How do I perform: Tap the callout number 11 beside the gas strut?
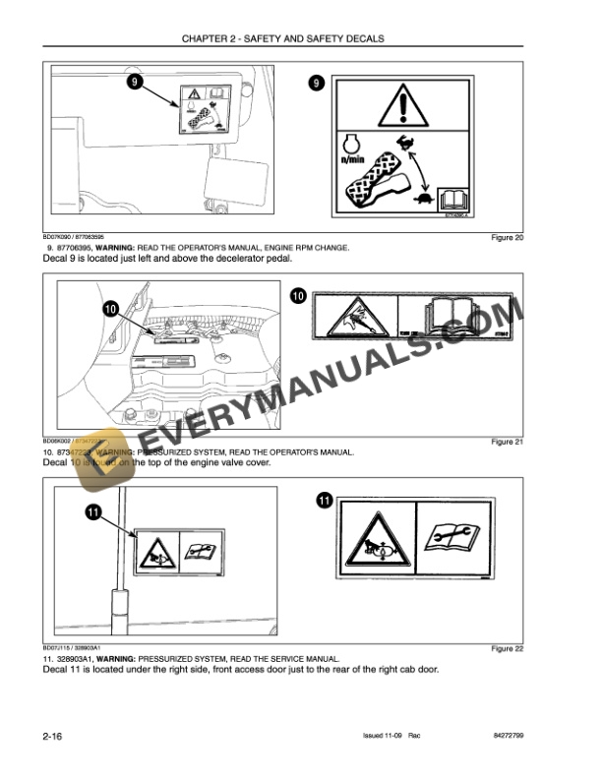[x=91, y=511]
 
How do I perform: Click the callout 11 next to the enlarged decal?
[x=324, y=502]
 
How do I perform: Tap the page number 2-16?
[x=54, y=736]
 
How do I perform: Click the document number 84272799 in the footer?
[x=512, y=737]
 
